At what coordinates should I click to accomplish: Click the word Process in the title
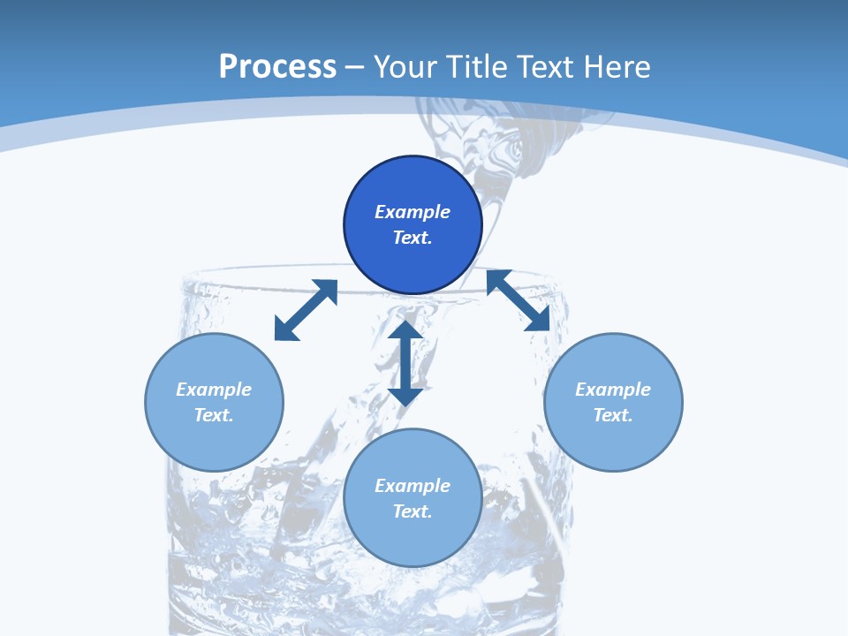click(x=277, y=67)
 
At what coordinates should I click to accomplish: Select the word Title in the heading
click(x=481, y=67)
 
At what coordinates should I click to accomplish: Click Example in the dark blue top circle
click(x=413, y=212)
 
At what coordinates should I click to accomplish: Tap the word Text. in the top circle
click(x=413, y=238)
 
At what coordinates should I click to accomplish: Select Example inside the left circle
click(x=214, y=390)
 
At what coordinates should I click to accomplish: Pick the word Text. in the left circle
click(x=214, y=415)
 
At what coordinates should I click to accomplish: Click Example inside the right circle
click(x=613, y=390)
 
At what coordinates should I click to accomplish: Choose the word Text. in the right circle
click(x=613, y=415)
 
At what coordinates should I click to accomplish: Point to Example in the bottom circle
click(x=413, y=486)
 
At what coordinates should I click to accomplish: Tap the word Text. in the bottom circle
click(x=413, y=511)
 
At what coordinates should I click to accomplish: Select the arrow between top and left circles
click(x=306, y=310)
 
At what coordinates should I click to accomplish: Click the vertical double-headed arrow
click(x=405, y=363)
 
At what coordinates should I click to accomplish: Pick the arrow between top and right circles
click(x=518, y=300)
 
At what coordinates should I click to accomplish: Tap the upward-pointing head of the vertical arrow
click(x=405, y=331)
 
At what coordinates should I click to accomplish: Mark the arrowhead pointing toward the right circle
click(x=538, y=320)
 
